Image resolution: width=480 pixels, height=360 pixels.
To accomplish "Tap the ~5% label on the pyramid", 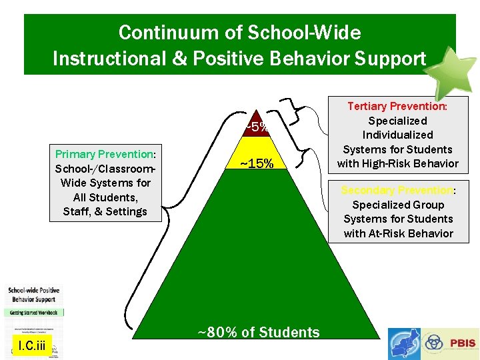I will pyautogui.click(x=257, y=126).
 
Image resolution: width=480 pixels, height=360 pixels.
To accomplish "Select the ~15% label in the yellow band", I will pyautogui.click(x=257, y=163).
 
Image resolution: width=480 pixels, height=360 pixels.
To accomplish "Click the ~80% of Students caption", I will pyautogui.click(x=259, y=332).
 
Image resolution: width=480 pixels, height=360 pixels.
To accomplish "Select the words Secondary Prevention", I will pyautogui.click(x=397, y=190).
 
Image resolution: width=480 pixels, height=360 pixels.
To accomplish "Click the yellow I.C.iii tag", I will pyautogui.click(x=32, y=345).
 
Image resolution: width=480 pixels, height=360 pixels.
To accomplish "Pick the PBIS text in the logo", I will pyautogui.click(x=463, y=343).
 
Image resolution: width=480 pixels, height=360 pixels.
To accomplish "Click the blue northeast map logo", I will pyautogui.click(x=403, y=343).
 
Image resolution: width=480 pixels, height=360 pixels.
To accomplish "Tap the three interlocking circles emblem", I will pyautogui.click(x=435, y=343).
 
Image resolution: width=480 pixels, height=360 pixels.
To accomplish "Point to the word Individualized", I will pyautogui.click(x=398, y=135).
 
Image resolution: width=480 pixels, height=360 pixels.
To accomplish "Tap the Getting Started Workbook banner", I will pyautogui.click(x=33, y=312).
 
